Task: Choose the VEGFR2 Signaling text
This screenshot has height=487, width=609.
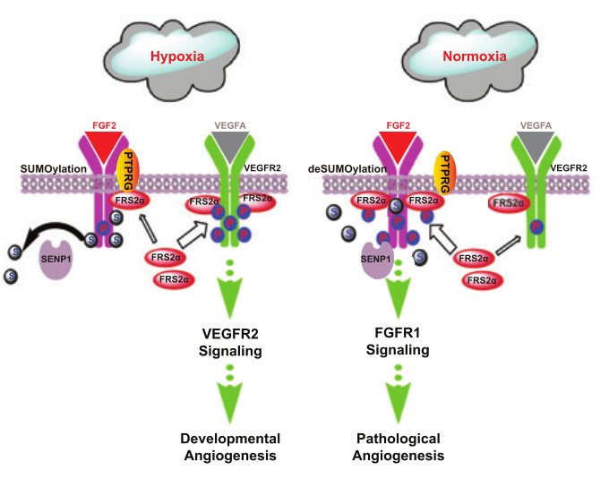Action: pos(230,342)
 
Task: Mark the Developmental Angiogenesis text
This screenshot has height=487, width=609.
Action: pos(230,447)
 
